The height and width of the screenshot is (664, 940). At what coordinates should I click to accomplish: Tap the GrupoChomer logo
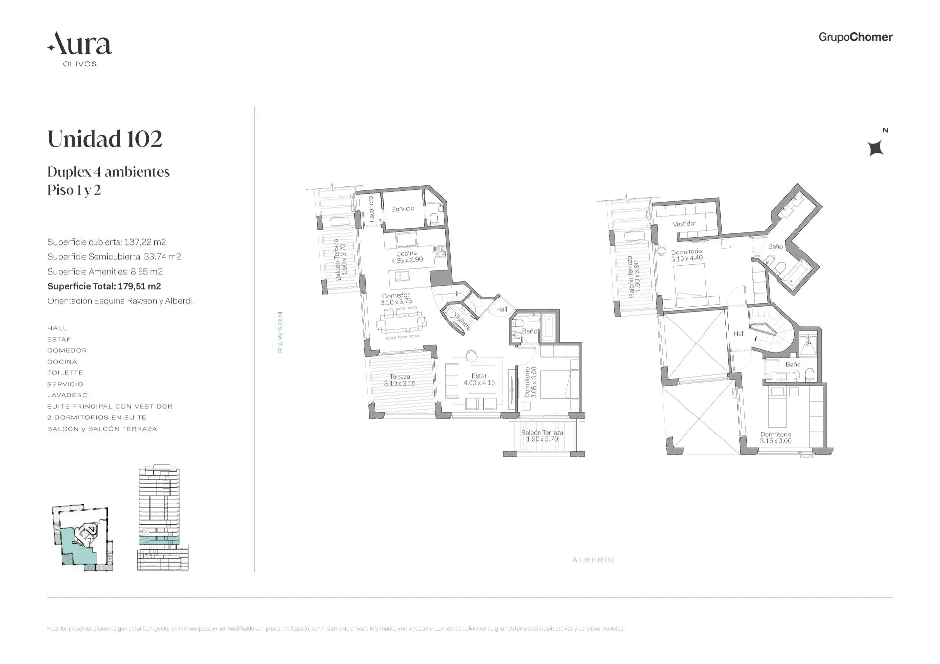point(855,37)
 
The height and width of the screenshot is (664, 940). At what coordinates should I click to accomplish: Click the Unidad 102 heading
point(105,139)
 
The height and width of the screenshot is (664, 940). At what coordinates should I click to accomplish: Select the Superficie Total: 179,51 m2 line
point(104,286)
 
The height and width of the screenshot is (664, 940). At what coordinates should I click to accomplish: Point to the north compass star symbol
point(875,148)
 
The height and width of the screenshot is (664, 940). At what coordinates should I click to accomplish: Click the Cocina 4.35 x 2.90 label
point(406,257)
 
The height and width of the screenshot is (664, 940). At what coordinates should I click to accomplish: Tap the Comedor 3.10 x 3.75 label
point(396,298)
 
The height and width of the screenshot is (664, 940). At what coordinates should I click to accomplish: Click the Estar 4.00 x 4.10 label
point(479,380)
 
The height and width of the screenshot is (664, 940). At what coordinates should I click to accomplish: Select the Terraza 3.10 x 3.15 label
point(399,380)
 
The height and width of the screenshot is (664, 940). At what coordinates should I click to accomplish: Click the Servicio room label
point(402,209)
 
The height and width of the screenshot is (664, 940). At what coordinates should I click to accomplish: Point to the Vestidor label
point(684,224)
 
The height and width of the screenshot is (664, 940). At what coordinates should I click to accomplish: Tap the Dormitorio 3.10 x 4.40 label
point(686,255)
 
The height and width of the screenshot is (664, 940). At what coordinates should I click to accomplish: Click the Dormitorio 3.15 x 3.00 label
point(775,437)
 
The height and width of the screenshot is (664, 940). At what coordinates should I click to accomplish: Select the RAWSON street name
point(280,332)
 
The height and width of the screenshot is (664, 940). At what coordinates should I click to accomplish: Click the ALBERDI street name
point(593,560)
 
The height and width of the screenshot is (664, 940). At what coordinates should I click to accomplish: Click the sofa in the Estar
point(450,381)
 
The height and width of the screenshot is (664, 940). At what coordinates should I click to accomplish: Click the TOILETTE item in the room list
point(65,373)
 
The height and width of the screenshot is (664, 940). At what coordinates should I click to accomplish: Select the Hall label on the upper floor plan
point(739,334)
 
